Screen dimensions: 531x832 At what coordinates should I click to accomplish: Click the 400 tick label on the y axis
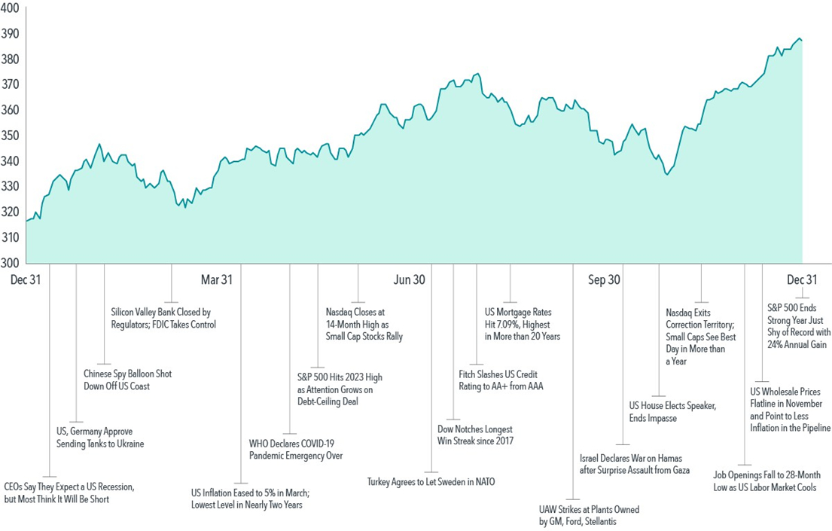(x=11, y=8)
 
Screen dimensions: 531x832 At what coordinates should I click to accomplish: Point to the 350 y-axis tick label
(x=11, y=136)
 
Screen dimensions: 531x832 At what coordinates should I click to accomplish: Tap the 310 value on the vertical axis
(x=11, y=237)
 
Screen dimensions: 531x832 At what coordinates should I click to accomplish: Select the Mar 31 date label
(x=216, y=279)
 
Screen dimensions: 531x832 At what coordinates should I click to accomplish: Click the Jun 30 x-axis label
(x=409, y=279)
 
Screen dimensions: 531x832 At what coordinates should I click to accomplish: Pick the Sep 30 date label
(x=604, y=279)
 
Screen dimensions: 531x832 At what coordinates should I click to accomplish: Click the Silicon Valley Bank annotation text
(x=163, y=318)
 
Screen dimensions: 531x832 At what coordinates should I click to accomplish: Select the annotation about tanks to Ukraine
(x=100, y=438)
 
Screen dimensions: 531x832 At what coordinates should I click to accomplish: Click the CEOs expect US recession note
(x=69, y=493)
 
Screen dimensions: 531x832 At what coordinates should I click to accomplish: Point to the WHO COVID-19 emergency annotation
(x=295, y=449)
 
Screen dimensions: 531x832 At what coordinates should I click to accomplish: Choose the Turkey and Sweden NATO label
(x=431, y=481)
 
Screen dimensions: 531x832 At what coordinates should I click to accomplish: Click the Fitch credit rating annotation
(x=501, y=380)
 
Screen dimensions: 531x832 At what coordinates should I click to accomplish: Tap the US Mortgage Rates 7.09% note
(x=522, y=323)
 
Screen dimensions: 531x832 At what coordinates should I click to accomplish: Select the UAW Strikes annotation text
(x=588, y=515)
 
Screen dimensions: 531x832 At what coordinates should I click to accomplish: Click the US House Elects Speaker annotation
(x=672, y=412)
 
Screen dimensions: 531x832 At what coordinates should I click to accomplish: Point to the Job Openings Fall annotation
(x=764, y=481)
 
